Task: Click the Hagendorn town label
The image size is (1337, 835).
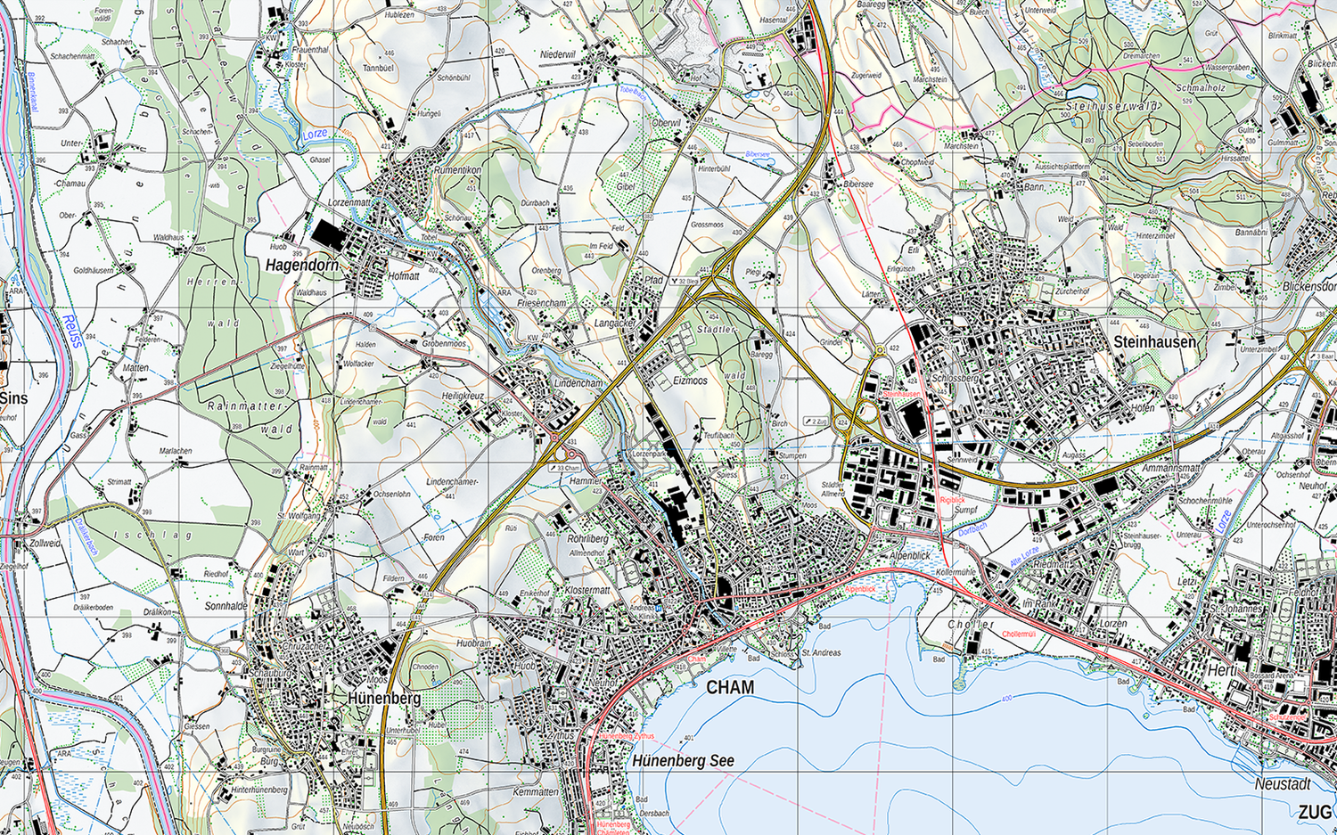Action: [x=302, y=265]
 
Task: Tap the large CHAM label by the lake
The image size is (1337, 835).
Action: [x=730, y=687]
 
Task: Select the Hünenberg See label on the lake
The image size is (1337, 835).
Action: [x=684, y=761]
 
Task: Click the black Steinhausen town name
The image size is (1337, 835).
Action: [x=1154, y=342]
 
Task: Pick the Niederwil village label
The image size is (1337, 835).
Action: [x=558, y=54]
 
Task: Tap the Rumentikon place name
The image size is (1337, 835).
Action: [x=457, y=169]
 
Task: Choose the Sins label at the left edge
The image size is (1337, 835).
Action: [x=13, y=397]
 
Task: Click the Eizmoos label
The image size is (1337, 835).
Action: [x=690, y=381]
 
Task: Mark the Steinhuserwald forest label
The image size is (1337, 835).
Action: [x=1111, y=107]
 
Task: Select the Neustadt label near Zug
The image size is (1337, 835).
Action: [x=1283, y=784]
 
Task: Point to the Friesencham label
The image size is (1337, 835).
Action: [x=541, y=303]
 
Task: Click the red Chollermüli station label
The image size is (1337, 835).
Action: [x=1019, y=634]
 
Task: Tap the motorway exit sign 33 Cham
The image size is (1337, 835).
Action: [x=566, y=468]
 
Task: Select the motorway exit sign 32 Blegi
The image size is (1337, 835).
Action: [x=685, y=282]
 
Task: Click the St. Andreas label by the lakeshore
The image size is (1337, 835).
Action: [x=821, y=652]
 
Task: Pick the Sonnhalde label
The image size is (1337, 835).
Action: [x=226, y=606]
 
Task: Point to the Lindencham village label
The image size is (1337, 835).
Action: [x=578, y=382]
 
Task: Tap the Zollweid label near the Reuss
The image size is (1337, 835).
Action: [x=45, y=543]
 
